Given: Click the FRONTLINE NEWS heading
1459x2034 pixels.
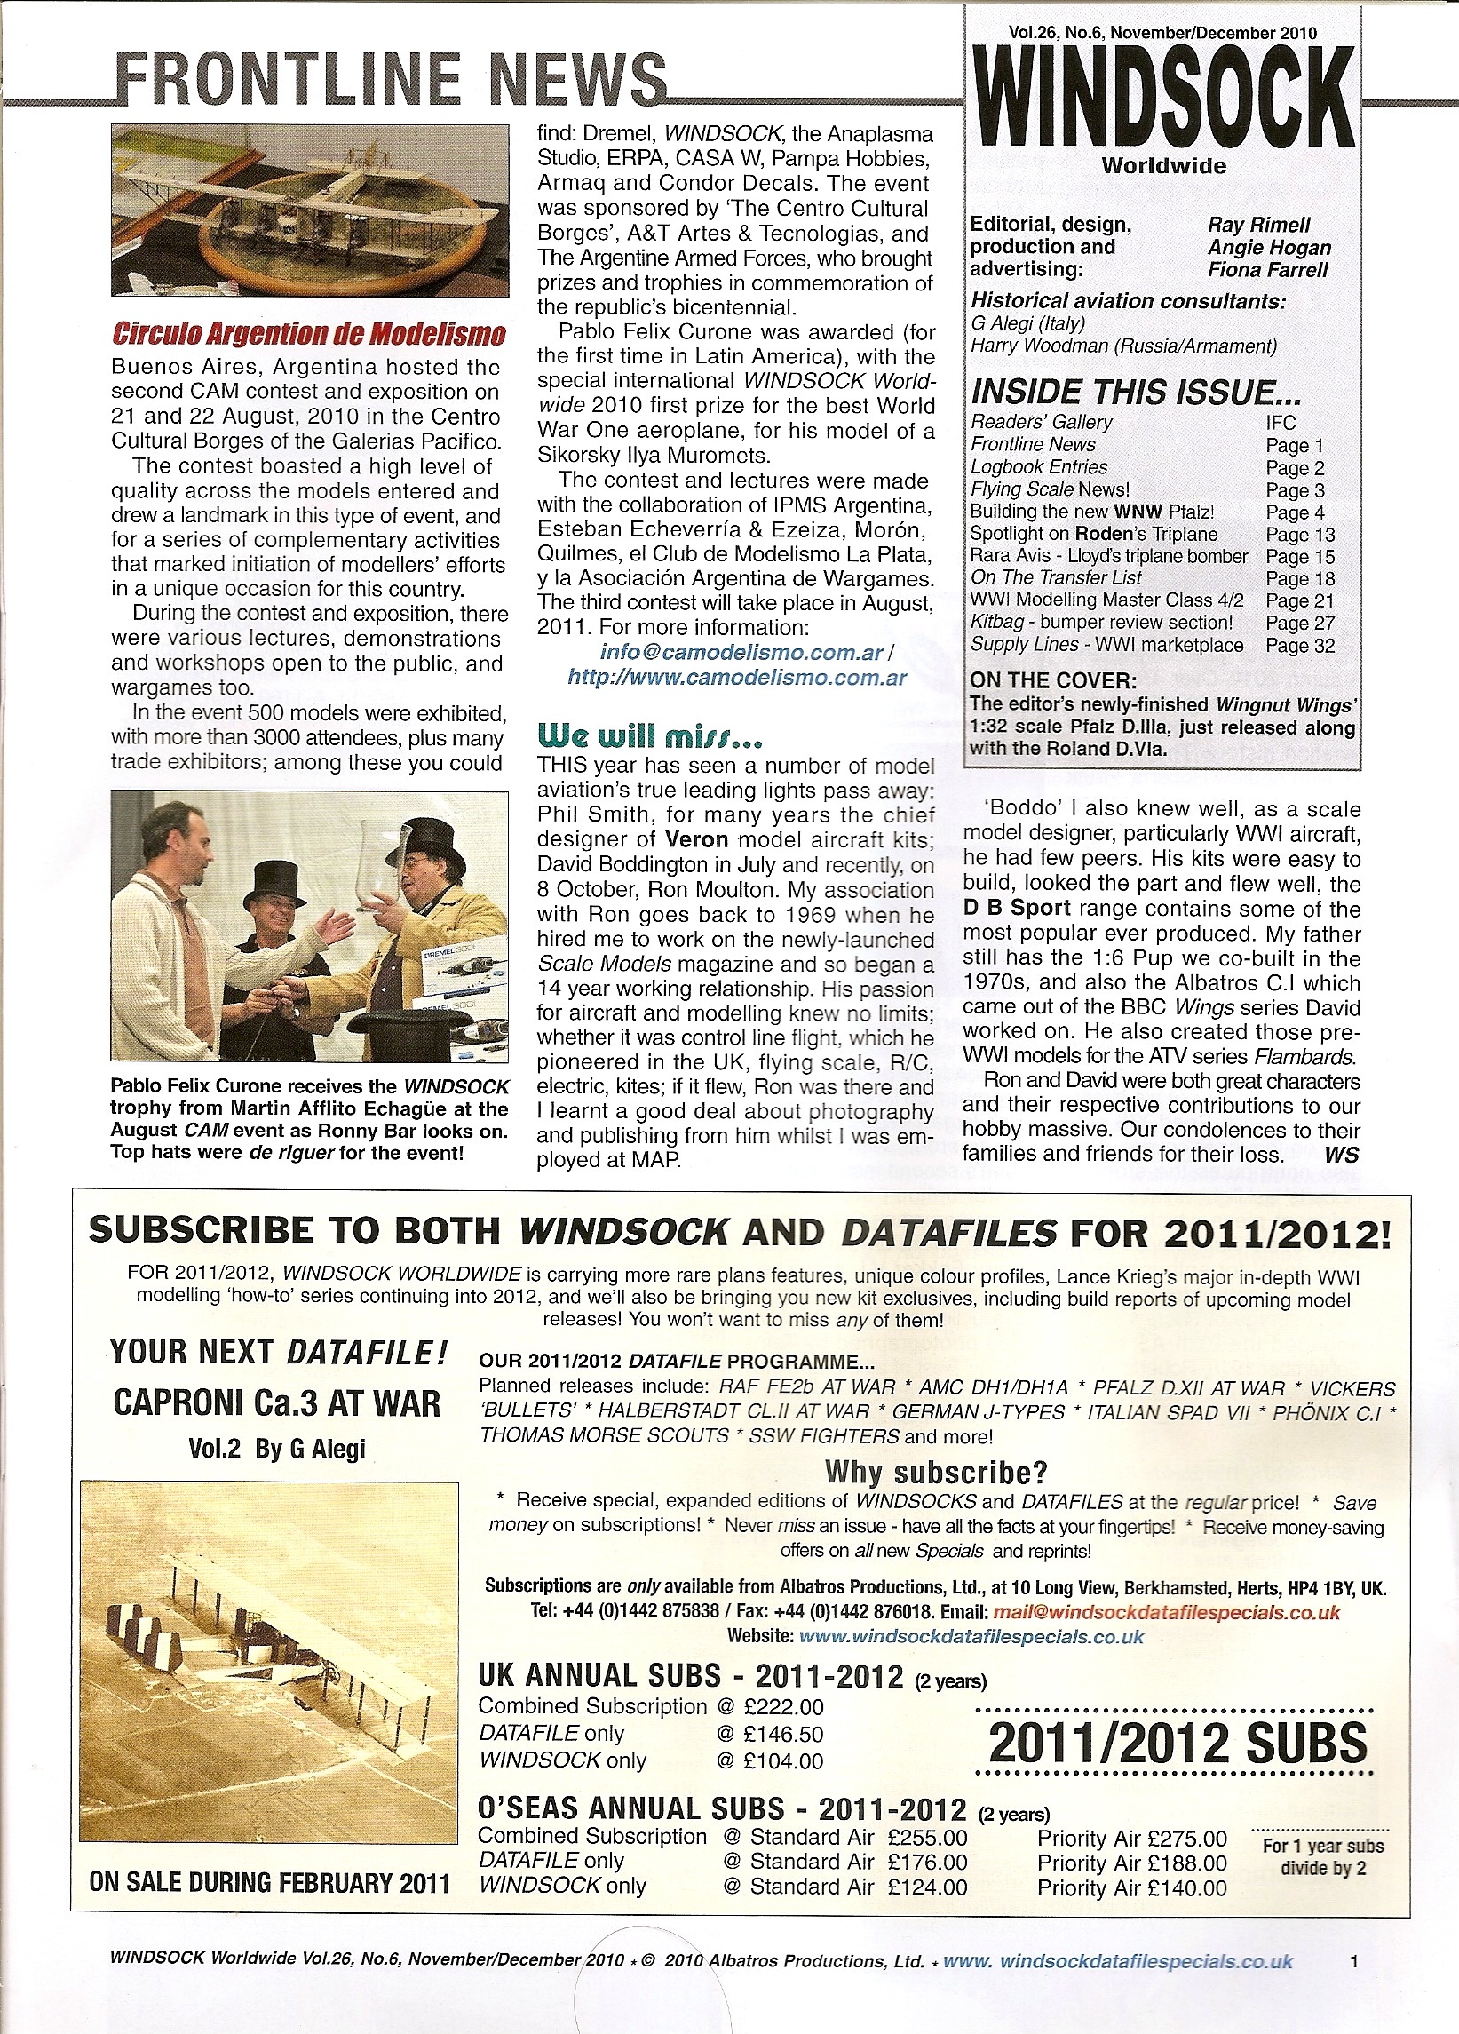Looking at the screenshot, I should pos(391,79).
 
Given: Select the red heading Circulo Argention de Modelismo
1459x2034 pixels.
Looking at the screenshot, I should pos(308,335).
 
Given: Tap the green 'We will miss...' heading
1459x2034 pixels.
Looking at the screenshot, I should pos(650,737).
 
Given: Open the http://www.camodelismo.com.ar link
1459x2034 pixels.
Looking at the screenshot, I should pos(737,678).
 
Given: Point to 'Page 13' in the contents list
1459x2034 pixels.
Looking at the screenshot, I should pos(1299,535).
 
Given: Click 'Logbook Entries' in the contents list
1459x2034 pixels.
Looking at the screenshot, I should pos(1038,467).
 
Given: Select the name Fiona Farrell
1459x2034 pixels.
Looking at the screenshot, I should pos(1267,270).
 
